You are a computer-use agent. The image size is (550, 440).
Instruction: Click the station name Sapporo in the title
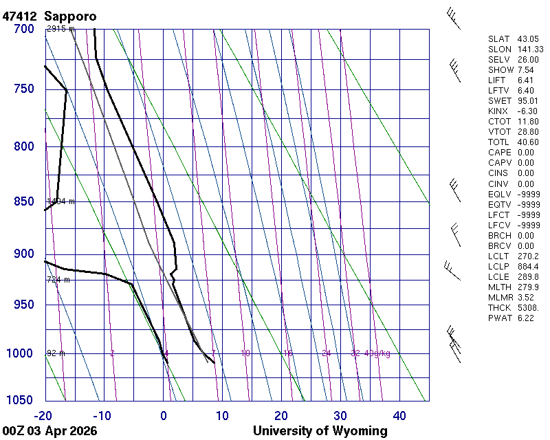click(70, 15)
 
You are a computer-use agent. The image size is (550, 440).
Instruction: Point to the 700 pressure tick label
click(23, 29)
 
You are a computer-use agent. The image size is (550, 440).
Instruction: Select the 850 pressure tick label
click(23, 202)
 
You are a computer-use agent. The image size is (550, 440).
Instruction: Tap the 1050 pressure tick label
click(20, 401)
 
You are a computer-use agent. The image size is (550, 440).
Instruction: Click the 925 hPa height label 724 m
click(60, 280)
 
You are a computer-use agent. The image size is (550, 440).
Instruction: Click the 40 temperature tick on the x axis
click(399, 415)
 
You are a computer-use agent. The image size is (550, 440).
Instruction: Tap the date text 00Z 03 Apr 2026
click(49, 431)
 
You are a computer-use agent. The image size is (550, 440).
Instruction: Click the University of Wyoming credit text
click(320, 431)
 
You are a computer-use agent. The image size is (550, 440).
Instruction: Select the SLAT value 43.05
click(528, 39)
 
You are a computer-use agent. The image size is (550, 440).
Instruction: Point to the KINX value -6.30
click(527, 111)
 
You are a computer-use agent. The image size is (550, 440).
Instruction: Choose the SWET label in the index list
click(500, 101)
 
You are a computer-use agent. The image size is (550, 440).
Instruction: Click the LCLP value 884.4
click(528, 266)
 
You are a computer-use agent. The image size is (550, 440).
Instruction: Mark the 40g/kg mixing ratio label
click(377, 353)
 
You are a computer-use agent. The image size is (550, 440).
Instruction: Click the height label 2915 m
click(60, 29)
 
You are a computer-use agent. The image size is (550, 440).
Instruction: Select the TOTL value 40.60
click(528, 142)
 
